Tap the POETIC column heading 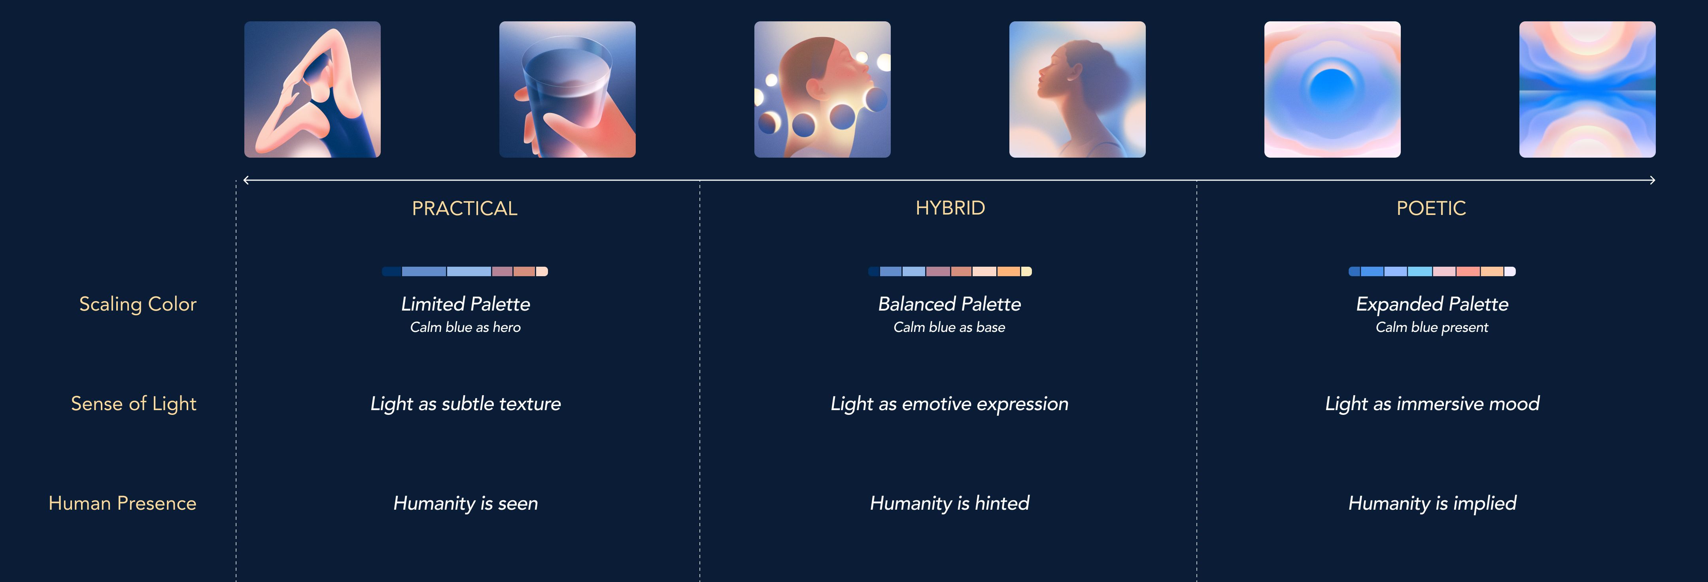pos(1431,208)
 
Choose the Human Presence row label pos(122,503)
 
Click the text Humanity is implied pos(1432,503)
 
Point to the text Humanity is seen pos(465,503)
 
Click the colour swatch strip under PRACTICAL pos(465,271)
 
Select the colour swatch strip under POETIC pos(1432,271)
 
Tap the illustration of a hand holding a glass pos(567,89)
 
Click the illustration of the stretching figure pos(312,89)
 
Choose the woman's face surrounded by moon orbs pos(822,89)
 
